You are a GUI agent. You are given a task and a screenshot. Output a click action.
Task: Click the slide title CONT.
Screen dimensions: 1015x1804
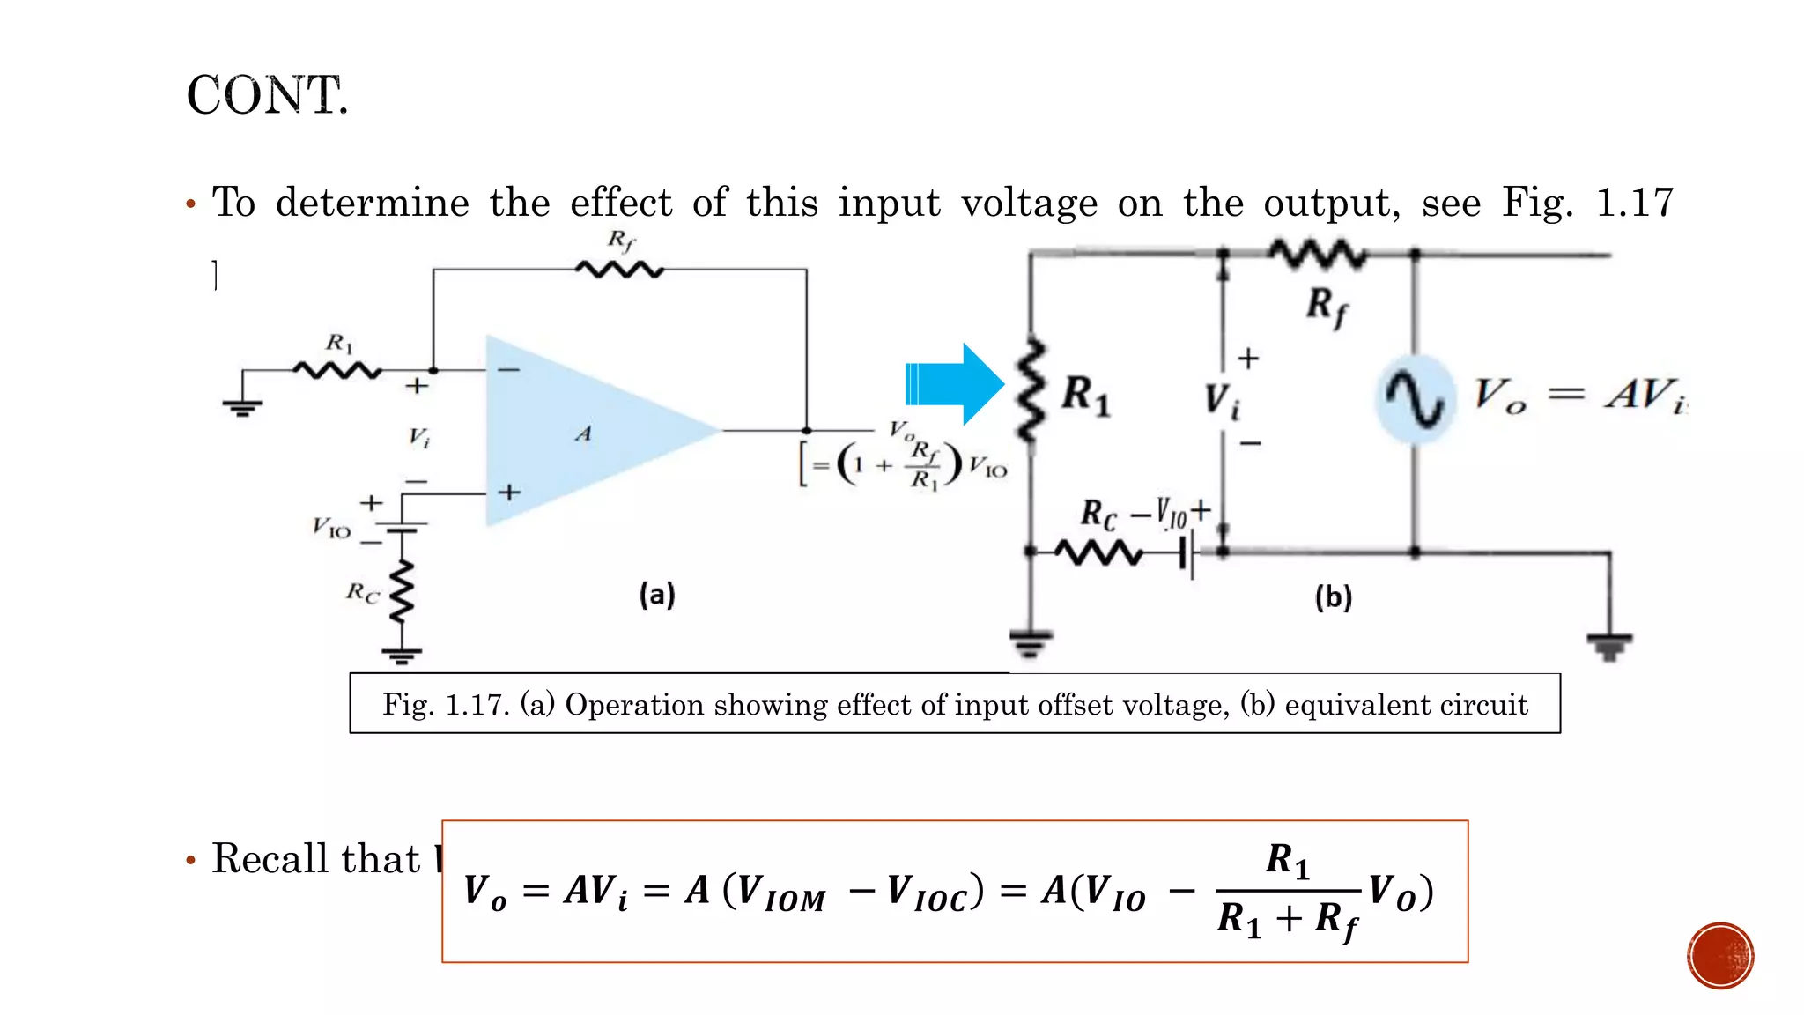click(267, 95)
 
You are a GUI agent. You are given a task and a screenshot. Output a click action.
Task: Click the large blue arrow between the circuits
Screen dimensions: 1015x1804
click(954, 384)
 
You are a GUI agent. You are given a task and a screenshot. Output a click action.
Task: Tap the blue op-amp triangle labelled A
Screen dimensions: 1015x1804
click(581, 432)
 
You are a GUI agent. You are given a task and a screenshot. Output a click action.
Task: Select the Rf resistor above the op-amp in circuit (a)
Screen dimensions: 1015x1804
click(619, 269)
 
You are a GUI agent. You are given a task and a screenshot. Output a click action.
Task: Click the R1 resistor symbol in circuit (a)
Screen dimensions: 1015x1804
click(337, 371)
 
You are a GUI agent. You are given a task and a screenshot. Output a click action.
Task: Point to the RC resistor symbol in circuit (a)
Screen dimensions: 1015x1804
click(403, 592)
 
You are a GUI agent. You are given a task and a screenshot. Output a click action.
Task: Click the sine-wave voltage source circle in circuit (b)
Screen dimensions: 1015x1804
click(1414, 398)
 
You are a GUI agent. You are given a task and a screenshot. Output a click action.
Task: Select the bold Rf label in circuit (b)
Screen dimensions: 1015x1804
click(1327, 307)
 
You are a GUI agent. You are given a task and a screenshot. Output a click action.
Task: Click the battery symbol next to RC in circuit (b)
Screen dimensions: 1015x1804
click(1187, 554)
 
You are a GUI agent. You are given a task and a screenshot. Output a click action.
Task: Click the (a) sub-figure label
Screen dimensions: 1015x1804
click(657, 595)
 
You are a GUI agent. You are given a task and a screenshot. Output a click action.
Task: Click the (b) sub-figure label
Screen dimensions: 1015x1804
click(1333, 597)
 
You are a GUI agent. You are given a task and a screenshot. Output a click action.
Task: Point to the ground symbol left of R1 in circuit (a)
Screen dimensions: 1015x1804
click(242, 408)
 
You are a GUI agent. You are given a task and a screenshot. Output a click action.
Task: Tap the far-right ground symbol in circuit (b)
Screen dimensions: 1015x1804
click(1609, 647)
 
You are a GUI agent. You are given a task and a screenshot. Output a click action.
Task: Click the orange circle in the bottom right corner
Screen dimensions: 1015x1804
click(1719, 956)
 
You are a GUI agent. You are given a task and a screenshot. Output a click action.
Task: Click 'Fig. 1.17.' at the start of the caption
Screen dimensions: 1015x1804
click(446, 705)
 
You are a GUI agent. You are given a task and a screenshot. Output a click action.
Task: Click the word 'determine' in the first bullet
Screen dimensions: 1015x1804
click(373, 204)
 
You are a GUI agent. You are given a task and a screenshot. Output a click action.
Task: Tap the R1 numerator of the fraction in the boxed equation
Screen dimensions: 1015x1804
click(1287, 860)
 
